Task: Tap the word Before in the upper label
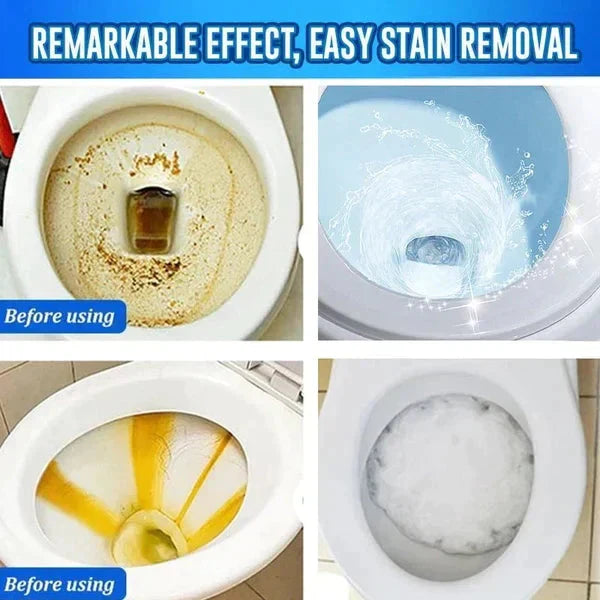click(39, 318)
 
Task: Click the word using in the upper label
click(93, 319)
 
